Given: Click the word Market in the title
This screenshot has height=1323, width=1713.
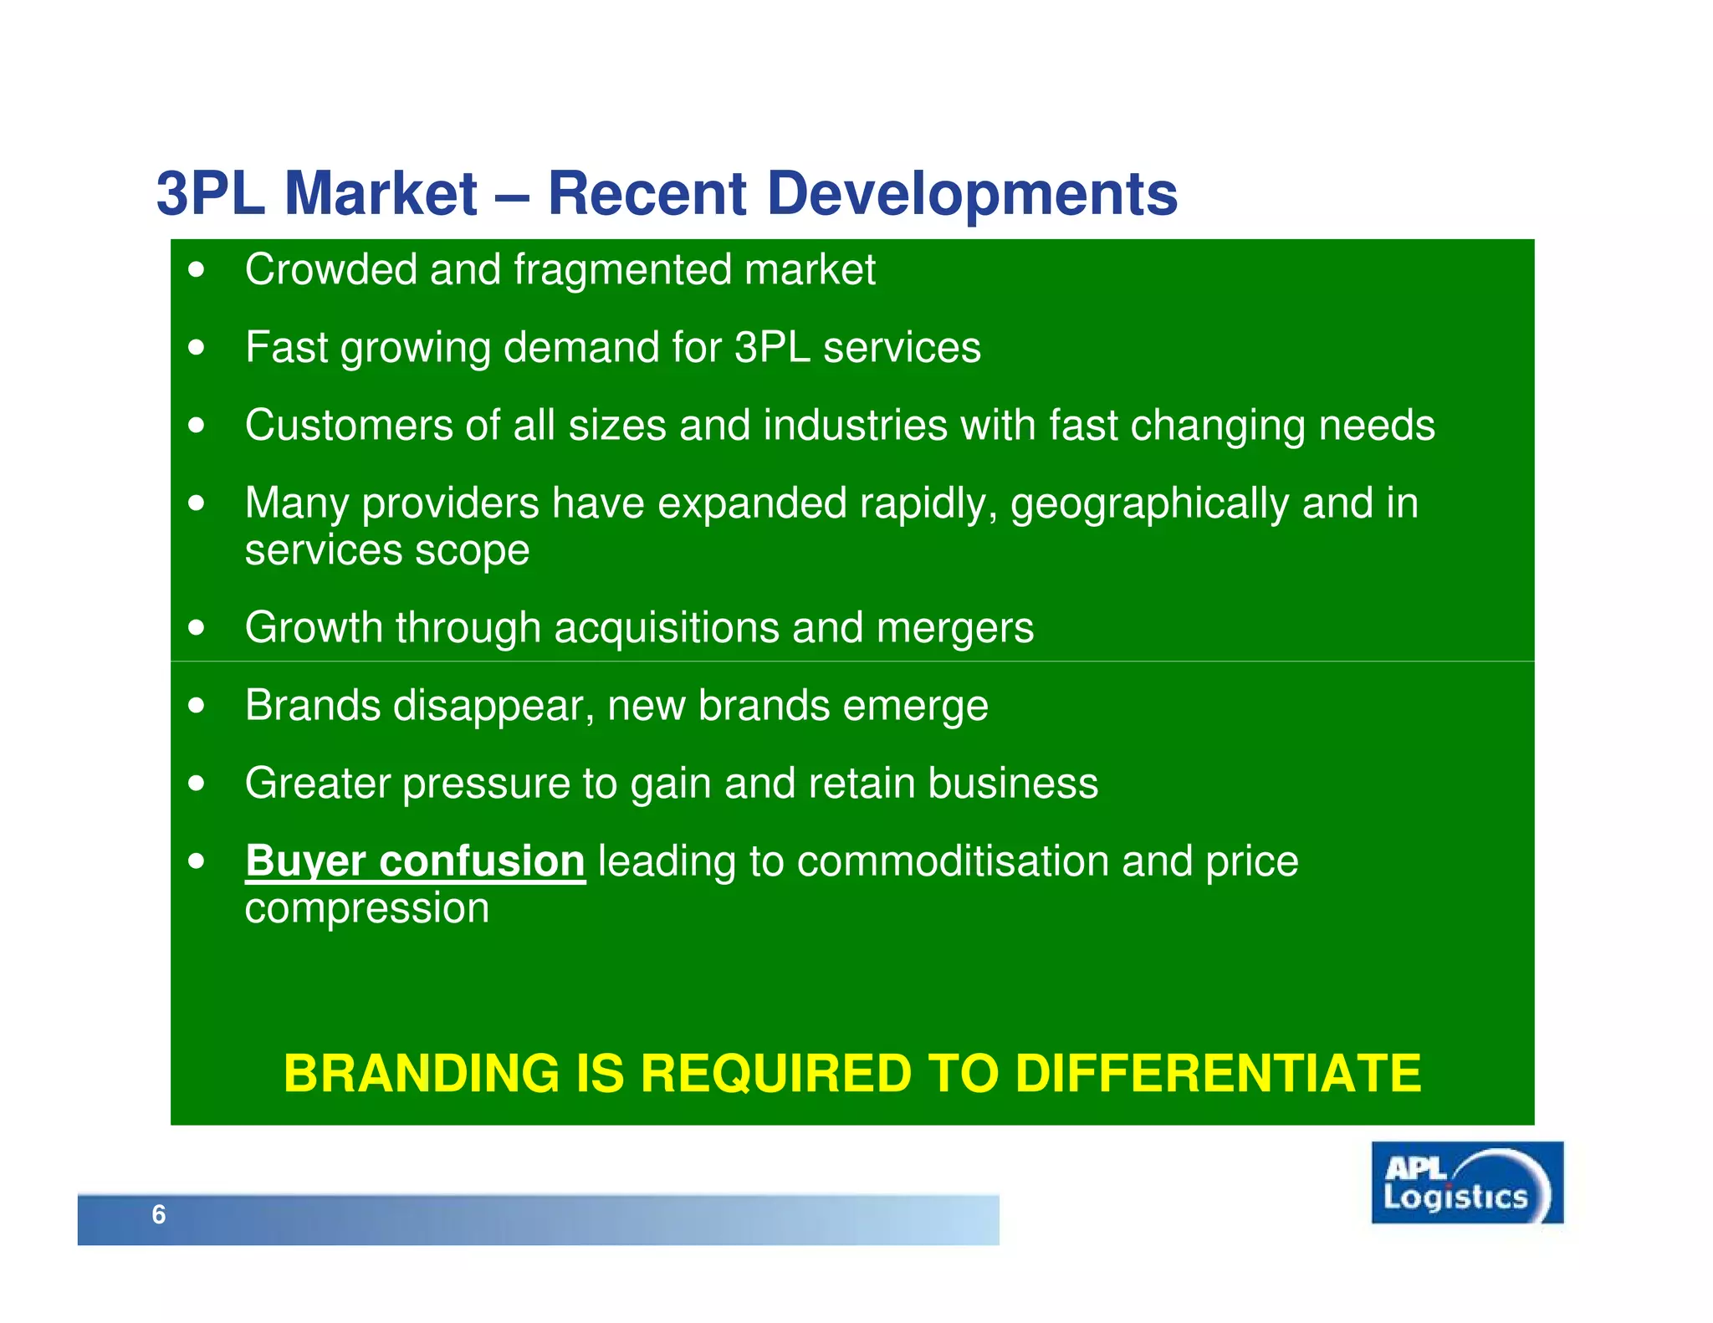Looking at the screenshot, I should click(381, 194).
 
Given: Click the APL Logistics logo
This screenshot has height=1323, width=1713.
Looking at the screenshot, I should click(1466, 1183).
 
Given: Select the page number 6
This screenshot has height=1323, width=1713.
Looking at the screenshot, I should click(159, 1214).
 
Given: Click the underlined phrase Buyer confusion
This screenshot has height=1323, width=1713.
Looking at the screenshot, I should click(415, 861).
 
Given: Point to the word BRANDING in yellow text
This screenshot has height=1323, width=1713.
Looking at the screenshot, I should click(422, 1073).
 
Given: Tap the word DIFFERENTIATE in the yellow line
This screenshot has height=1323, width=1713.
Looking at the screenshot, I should click(1218, 1073).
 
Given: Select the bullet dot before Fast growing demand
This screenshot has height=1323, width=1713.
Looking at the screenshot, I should click(197, 347).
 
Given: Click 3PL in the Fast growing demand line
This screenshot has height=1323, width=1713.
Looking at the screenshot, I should click(772, 347).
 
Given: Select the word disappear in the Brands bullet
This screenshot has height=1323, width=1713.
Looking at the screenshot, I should click(493, 706).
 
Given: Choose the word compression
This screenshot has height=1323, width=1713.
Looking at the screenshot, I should click(366, 908).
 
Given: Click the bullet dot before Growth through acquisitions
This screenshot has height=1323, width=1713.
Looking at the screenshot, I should click(197, 627).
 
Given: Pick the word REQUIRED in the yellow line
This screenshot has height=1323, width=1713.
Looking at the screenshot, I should click(775, 1073).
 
